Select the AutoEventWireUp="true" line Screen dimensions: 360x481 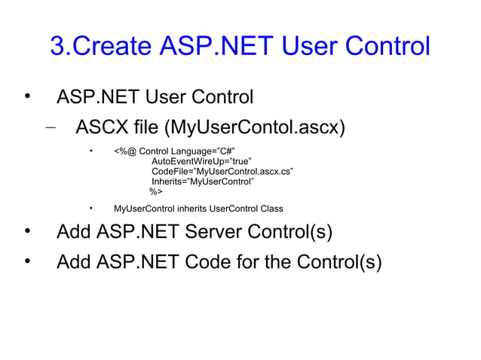click(x=200, y=161)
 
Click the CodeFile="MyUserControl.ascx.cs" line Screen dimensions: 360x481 click(x=222, y=172)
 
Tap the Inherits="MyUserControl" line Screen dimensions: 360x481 click(x=202, y=182)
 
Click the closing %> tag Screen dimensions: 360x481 click(x=156, y=192)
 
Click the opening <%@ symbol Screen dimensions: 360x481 click(x=124, y=151)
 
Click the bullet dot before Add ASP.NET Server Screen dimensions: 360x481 click(x=28, y=230)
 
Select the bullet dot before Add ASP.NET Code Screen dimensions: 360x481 click(x=28, y=261)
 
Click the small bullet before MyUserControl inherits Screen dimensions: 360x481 click(x=90, y=207)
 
